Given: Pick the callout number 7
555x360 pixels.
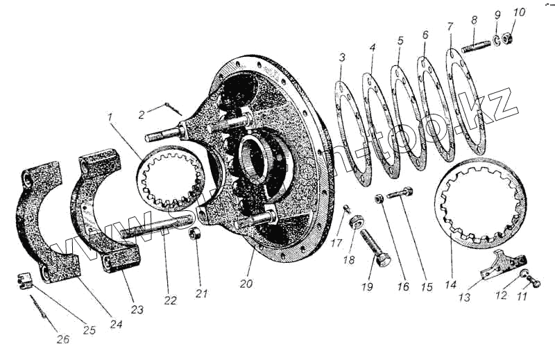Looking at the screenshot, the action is (x=450, y=28).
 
